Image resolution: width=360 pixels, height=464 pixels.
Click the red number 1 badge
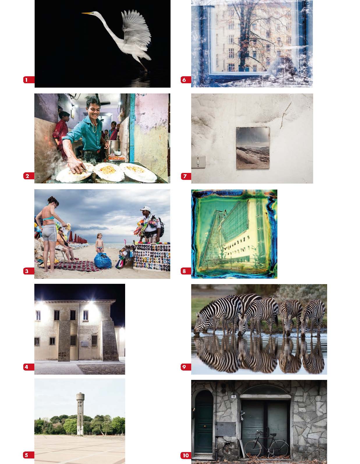point(29,80)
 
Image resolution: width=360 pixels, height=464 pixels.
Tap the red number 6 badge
point(186,80)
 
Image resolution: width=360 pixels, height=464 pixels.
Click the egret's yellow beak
point(87,13)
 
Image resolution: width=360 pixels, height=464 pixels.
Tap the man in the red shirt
point(61,134)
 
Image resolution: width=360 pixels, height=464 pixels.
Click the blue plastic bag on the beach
point(103,261)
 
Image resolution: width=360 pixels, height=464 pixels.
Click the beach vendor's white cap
point(146,209)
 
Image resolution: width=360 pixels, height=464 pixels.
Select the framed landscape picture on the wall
point(253,148)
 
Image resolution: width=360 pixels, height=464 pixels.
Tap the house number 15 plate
point(234,396)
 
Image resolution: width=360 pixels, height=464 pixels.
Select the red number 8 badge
point(186,271)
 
